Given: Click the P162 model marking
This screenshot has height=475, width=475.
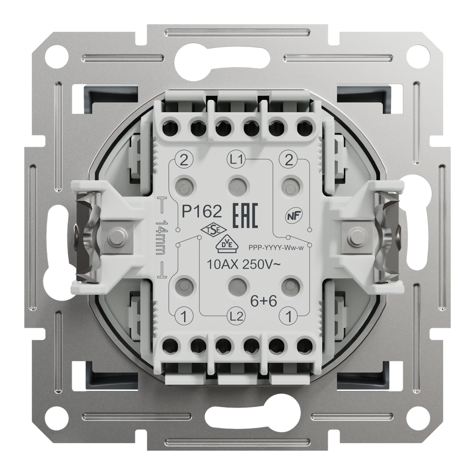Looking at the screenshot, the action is coord(202,211).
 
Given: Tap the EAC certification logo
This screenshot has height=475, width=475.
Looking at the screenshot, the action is coord(245,216).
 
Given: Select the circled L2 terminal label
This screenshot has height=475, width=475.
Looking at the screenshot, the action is coord(236,316).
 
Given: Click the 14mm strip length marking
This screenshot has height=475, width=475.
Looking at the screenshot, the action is coord(161,237).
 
